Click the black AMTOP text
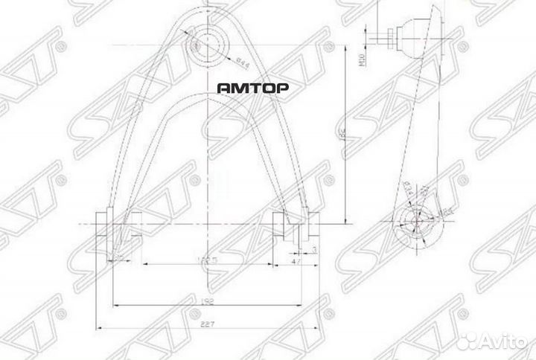253,87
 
